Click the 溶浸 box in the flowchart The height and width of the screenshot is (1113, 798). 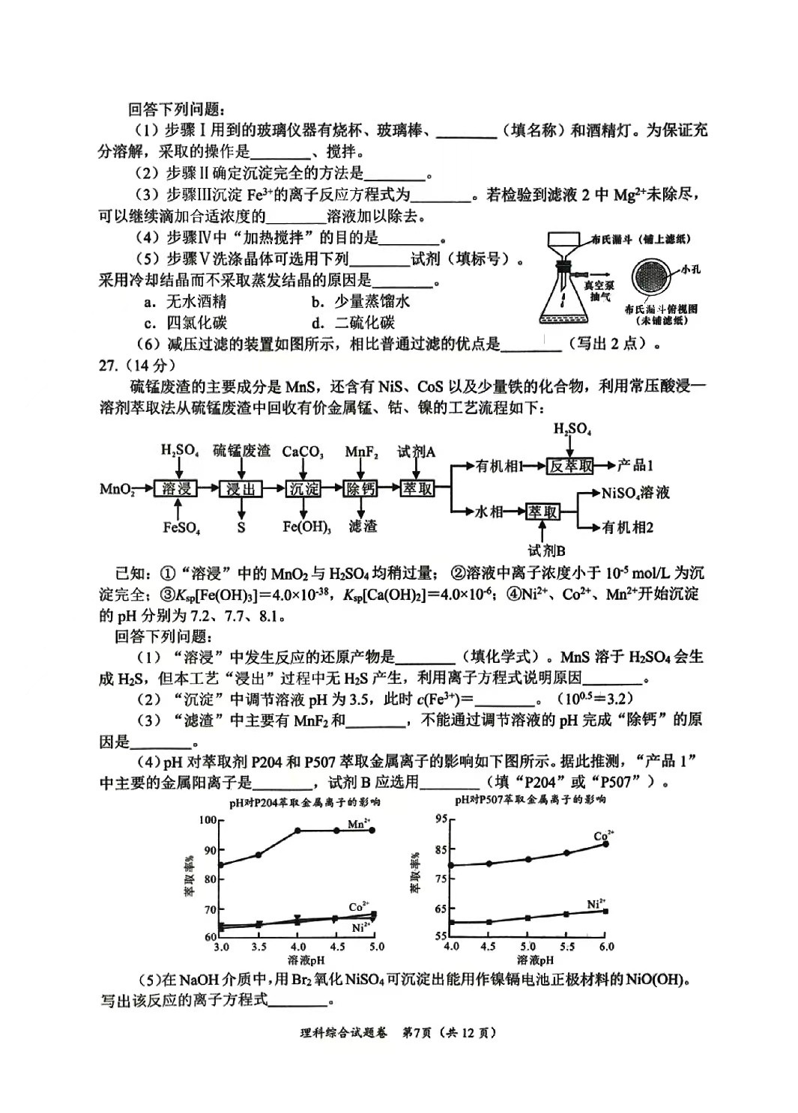pos(177,488)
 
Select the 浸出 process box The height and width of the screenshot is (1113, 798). pos(241,488)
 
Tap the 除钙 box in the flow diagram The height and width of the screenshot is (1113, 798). pos(362,488)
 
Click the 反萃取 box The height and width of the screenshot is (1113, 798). pos(570,466)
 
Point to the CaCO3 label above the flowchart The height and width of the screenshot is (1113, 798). pos(303,452)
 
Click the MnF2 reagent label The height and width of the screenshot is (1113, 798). pos(361,452)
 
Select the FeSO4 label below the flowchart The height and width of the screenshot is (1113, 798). pos(181,527)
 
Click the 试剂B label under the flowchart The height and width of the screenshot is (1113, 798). pos(546,551)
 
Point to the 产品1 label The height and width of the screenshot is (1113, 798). pos(635,466)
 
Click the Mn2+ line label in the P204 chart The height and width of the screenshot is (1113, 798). pos(359,824)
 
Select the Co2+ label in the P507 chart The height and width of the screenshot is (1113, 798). pos(603,836)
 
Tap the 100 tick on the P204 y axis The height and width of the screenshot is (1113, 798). pos(207,820)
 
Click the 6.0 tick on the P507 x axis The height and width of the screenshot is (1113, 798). pos(605,947)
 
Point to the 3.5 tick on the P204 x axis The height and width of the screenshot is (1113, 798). pos(259,947)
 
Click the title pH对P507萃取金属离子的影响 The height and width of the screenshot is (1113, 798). pos(530,799)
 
